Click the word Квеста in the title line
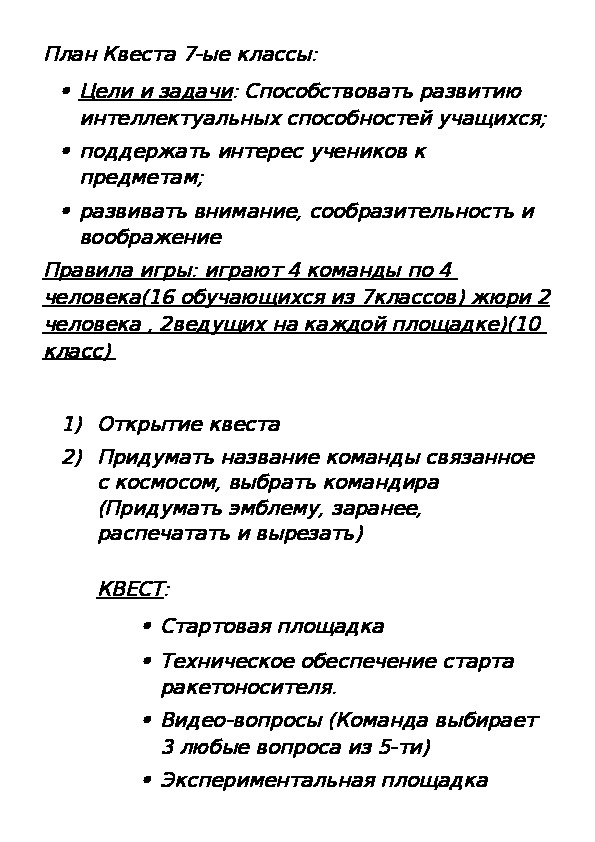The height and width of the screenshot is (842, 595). click(x=140, y=53)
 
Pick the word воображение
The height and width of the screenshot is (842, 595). click(x=150, y=238)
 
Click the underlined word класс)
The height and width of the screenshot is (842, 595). click(x=79, y=351)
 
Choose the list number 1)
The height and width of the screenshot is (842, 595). click(x=73, y=424)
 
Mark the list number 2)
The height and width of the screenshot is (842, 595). click(x=73, y=458)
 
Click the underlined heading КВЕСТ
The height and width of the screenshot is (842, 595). click(x=130, y=590)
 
